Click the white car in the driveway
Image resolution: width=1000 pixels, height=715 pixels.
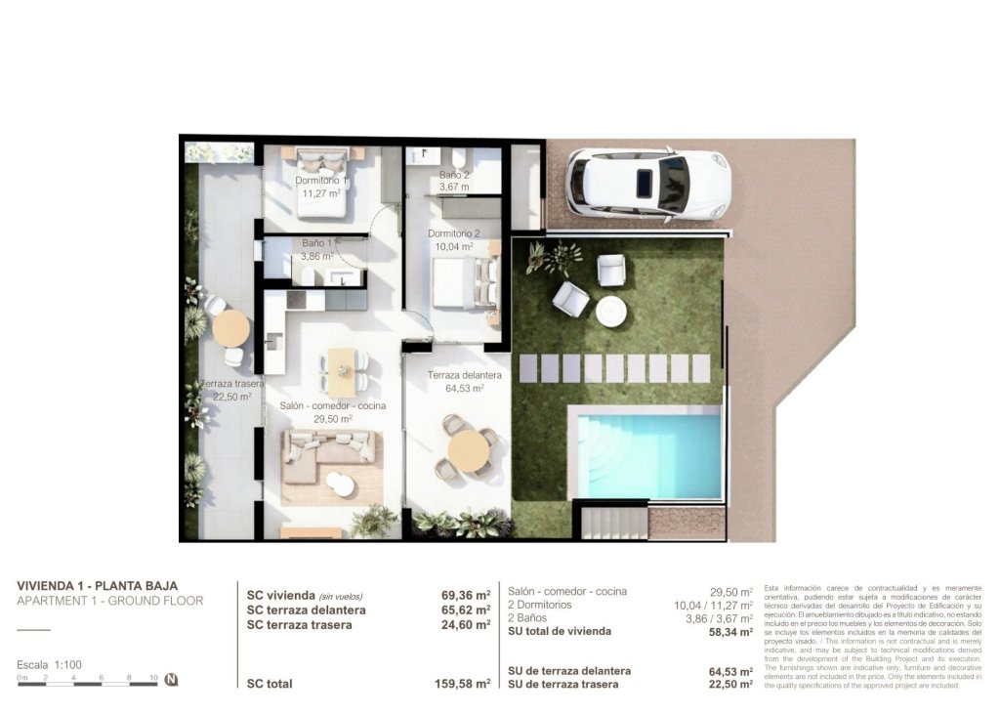pos(648,184)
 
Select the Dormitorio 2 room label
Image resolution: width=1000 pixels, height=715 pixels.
pos(454,234)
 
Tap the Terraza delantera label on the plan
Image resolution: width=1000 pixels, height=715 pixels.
pos(465,375)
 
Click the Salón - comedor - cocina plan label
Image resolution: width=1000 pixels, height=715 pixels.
pos(332,405)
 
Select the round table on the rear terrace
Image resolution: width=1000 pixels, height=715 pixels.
pos(231,328)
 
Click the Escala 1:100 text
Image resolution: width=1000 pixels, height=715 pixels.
pos(49,664)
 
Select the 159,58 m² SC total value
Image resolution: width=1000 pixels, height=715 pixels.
pos(462,684)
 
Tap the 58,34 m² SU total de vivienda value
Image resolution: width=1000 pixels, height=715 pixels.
pos(730,632)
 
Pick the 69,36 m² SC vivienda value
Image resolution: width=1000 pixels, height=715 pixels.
pos(465,594)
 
